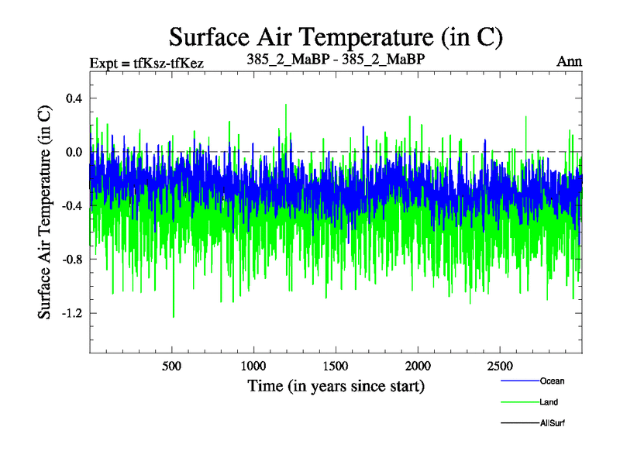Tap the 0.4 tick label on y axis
tap(74, 98)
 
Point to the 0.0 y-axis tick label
tap(74, 152)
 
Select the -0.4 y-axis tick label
tap(72, 205)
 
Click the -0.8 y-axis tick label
tap(72, 259)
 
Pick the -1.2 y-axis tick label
tap(72, 313)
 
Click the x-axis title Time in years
tap(336, 385)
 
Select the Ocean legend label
tap(552, 381)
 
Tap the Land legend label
tap(549, 402)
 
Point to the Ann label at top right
tap(569, 61)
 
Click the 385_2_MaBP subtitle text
tap(336, 60)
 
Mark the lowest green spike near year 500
tap(173, 316)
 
